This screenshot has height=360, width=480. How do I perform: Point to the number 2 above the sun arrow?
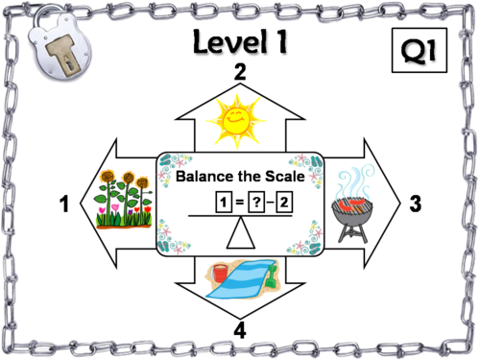pos(240,72)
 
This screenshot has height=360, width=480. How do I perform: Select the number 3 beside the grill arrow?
pos(415,204)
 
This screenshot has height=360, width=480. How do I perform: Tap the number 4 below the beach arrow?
pos(240,330)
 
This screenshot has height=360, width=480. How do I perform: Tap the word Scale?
pos(282,178)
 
